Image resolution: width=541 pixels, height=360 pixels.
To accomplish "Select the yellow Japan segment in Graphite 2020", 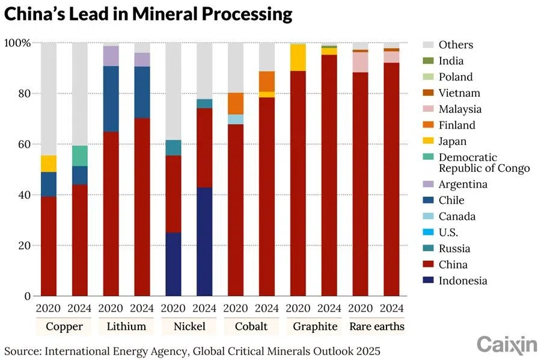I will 298,58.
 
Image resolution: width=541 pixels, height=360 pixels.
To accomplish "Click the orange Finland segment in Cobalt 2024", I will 267,81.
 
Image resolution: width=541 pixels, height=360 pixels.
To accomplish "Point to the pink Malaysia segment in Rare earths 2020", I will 360,63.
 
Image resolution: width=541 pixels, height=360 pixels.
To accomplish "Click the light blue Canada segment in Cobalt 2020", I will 236,119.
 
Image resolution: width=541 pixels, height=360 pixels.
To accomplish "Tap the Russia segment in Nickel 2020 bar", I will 173,148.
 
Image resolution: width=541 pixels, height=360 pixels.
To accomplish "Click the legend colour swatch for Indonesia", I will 427,281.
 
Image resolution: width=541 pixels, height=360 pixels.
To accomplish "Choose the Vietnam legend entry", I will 459,93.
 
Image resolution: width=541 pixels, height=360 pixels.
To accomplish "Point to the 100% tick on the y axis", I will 17,43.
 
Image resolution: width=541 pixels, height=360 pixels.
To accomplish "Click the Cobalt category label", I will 251,327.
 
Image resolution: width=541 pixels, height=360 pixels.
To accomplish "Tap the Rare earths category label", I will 376,327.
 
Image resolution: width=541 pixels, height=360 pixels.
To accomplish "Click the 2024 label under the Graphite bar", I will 329,309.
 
